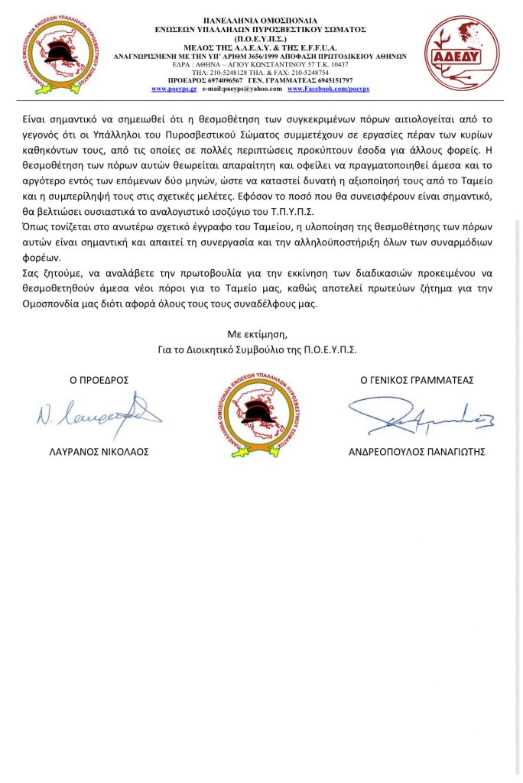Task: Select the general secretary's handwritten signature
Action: pos(421,415)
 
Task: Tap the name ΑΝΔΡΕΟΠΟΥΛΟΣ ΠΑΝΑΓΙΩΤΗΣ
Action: pos(417,452)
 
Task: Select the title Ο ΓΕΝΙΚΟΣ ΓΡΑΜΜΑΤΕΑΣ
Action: pos(417,380)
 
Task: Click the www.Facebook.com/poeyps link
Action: pos(328,89)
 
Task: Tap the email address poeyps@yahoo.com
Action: pos(253,89)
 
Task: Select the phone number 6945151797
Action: pos(335,81)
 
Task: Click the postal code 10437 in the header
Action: pos(336,65)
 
